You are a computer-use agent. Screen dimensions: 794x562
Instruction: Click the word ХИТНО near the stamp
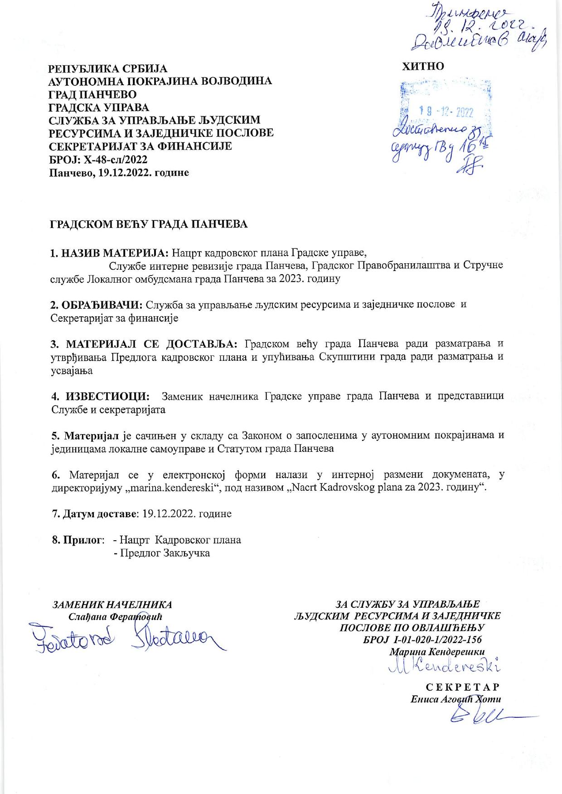tap(423, 66)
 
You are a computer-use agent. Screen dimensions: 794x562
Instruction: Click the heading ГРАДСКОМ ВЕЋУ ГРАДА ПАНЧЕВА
tap(149, 224)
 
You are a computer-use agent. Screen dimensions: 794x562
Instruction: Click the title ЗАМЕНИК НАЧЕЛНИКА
tap(113, 605)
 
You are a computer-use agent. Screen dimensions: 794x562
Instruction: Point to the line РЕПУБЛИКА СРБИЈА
tap(108, 69)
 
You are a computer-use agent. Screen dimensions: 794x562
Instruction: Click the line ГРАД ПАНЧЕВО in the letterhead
tap(92, 95)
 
